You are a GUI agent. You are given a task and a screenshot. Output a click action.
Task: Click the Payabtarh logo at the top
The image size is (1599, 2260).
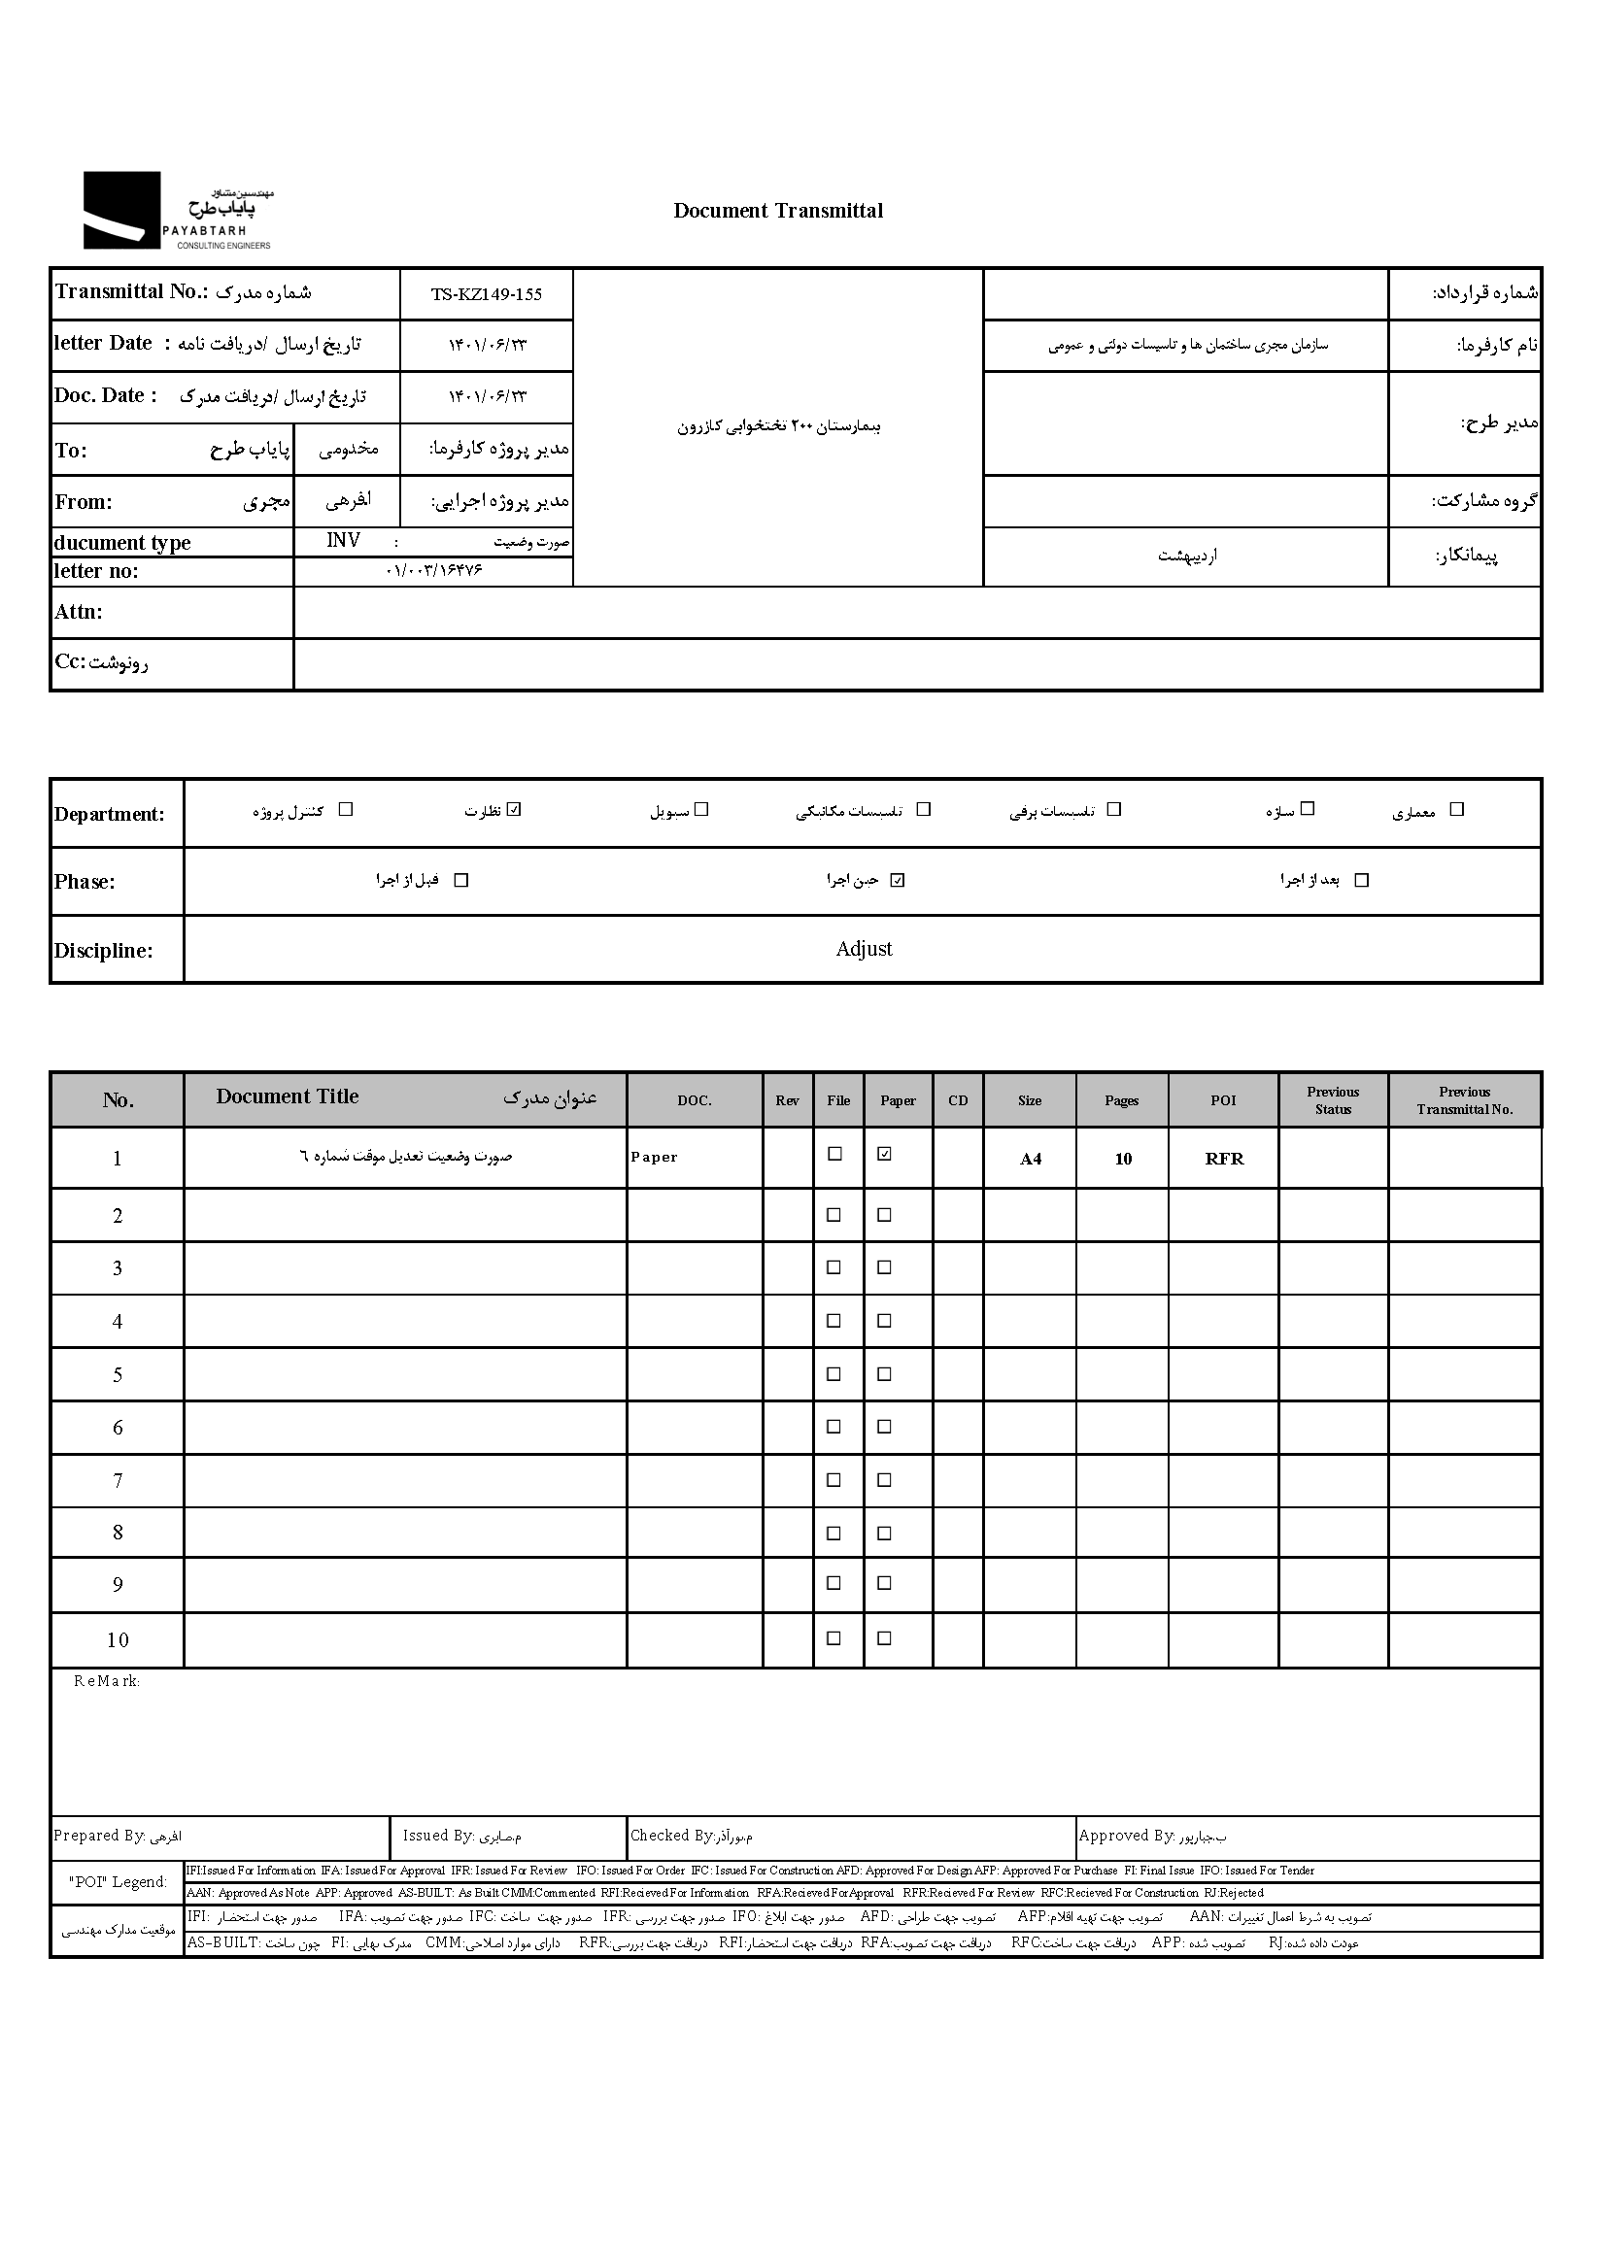(177, 211)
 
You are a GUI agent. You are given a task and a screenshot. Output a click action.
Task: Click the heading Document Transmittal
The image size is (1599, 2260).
(778, 211)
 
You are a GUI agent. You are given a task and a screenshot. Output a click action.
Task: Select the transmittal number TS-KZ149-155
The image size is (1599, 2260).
(487, 294)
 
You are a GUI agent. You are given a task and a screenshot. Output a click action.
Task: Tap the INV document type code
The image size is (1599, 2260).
(344, 540)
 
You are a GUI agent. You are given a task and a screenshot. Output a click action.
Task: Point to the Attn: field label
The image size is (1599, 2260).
(79, 612)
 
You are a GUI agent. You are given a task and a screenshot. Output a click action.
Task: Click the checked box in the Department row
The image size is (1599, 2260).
(514, 810)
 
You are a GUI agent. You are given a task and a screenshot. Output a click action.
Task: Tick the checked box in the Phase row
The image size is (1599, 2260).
(897, 880)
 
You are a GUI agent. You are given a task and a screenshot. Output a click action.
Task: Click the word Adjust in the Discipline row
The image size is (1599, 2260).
(864, 949)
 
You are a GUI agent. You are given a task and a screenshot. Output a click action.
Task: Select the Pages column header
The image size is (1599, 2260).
(1121, 1100)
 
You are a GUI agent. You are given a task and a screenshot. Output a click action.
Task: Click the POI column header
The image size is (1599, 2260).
(1223, 1100)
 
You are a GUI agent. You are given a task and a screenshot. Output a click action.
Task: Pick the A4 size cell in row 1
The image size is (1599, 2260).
(1030, 1159)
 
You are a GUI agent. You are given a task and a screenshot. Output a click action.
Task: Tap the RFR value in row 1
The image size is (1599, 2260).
(1224, 1159)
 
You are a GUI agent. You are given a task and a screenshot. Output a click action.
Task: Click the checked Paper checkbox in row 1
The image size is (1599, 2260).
(884, 1154)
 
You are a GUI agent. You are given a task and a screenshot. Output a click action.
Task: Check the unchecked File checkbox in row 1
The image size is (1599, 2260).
(834, 1154)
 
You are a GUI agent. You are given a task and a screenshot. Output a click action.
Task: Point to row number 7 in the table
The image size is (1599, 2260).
(118, 1480)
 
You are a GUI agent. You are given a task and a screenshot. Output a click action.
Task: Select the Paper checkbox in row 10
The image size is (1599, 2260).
(884, 1637)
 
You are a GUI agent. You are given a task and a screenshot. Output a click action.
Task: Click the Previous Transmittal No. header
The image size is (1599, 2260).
(1464, 1100)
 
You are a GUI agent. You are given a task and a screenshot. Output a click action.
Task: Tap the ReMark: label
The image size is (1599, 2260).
(106, 1681)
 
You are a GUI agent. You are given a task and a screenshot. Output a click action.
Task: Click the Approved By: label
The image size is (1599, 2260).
(1126, 1835)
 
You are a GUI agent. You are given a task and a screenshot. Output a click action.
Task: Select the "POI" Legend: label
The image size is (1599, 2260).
(119, 1881)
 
